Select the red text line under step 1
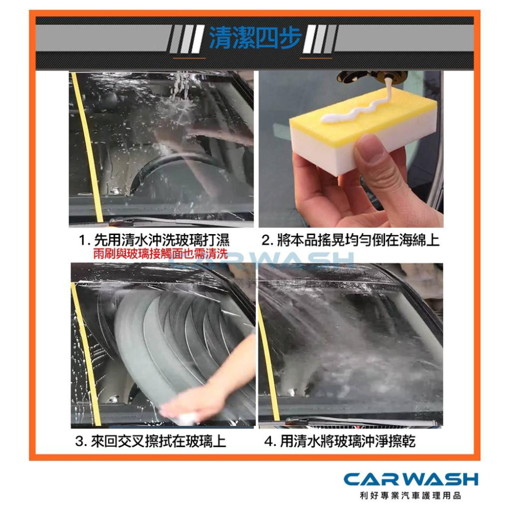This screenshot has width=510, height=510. [160, 254]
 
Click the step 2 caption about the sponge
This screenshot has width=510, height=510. [350, 240]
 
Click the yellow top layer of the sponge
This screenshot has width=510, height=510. [352, 115]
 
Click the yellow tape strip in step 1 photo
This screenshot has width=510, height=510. [87, 148]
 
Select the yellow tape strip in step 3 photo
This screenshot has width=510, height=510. [87, 357]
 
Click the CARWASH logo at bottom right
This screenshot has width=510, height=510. [411, 479]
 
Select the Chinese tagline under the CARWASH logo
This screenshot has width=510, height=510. [411, 495]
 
